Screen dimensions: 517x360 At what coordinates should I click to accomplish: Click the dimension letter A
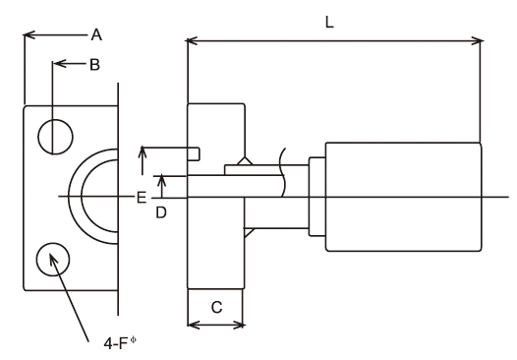pos(96,34)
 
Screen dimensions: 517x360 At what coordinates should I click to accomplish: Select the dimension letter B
pos(95,65)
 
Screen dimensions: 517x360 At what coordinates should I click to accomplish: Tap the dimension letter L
pos(329,23)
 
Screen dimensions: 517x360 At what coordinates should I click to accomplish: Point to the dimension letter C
pos(216,308)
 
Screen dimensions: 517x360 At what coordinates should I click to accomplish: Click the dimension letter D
pos(161,212)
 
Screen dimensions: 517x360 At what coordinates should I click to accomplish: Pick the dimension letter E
pos(142,198)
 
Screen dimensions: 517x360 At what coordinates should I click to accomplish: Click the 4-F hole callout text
pos(120,343)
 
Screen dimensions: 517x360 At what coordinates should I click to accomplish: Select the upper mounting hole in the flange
pos(55,137)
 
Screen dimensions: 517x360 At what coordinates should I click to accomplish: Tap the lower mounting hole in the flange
pos(53,260)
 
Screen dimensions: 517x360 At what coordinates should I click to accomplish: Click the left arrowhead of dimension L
pos(192,41)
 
